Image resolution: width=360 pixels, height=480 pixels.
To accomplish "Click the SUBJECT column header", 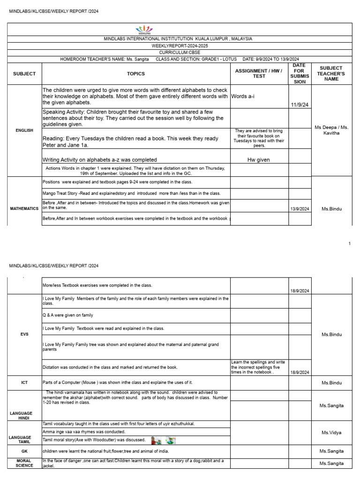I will [x=24, y=74].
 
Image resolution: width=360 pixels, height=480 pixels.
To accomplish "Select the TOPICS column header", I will [x=136, y=74].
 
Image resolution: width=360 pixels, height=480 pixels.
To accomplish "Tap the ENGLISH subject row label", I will [x=24, y=130].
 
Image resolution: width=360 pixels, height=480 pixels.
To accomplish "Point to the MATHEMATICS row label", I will [x=24, y=208].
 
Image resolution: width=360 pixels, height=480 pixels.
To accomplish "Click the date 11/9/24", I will [x=300, y=105].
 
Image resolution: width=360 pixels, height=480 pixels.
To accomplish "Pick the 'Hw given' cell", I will [x=258, y=159].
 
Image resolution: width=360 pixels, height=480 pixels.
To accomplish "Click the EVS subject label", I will [x=24, y=335].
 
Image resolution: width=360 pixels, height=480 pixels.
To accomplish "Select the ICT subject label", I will [x=24, y=382].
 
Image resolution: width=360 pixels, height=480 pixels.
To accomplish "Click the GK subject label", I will [x=24, y=450].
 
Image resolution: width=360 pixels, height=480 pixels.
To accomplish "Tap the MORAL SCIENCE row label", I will [x=24, y=463].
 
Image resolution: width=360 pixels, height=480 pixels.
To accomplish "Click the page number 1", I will [x=350, y=243].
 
